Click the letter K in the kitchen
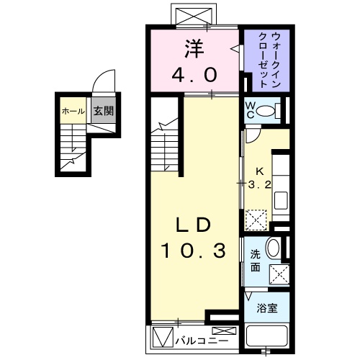point(261,171)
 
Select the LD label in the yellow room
point(194,225)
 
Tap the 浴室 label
point(269,307)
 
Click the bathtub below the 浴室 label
point(268,335)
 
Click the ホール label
point(71,112)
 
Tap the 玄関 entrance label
point(102,112)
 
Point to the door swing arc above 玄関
point(104,81)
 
